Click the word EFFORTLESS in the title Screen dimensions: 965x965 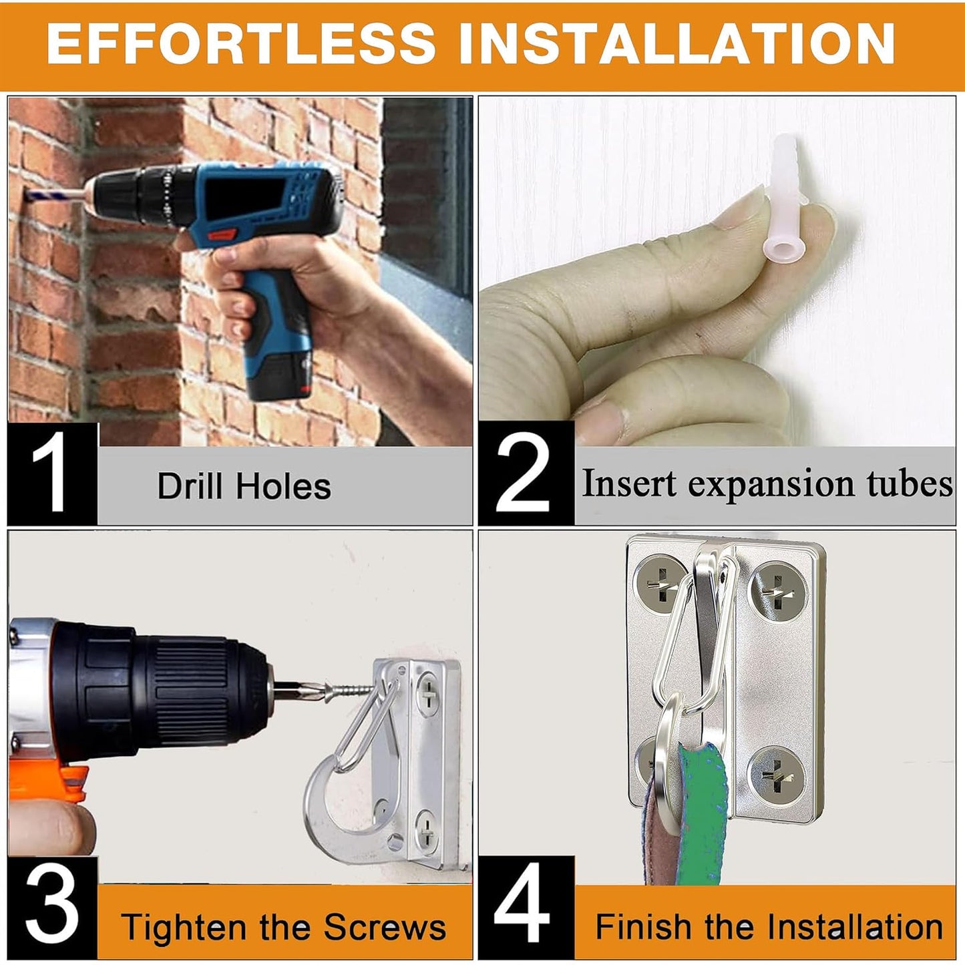click(241, 43)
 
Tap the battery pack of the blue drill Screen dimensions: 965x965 click(278, 371)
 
